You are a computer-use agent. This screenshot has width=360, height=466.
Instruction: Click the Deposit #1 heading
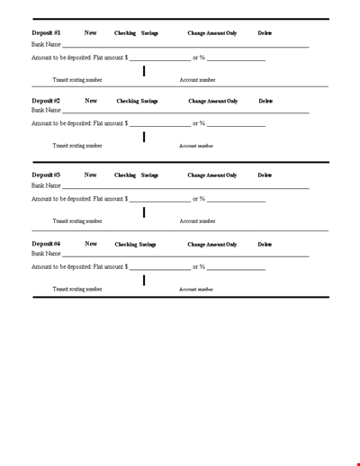(x=46, y=33)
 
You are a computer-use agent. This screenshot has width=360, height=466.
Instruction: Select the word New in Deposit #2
(x=91, y=102)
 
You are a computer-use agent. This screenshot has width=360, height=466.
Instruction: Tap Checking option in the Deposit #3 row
(x=125, y=175)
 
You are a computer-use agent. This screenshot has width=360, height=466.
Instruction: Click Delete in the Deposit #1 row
(x=265, y=33)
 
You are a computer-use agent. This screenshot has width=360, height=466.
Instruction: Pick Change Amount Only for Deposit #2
(x=212, y=102)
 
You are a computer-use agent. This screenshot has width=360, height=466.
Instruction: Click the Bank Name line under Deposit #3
(x=185, y=187)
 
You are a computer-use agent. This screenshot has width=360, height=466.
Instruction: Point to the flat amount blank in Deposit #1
(x=160, y=59)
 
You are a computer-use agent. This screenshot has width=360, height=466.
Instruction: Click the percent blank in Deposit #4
(x=237, y=269)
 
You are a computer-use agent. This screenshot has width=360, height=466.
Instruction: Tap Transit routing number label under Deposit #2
(x=77, y=146)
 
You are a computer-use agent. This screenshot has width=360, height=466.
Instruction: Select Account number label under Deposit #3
(x=197, y=221)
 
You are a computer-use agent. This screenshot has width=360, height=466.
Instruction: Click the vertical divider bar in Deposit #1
(x=144, y=70)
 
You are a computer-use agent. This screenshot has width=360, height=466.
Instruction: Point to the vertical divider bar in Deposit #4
(x=144, y=281)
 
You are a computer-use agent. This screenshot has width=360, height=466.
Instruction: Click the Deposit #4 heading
(x=46, y=244)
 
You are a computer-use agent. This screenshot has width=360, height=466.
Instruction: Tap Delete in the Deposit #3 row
(x=265, y=175)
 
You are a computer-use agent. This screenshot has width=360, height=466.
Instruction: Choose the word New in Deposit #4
(x=91, y=244)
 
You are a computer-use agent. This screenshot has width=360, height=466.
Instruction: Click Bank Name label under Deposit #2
(x=46, y=112)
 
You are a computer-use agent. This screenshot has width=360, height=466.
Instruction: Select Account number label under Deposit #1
(x=197, y=80)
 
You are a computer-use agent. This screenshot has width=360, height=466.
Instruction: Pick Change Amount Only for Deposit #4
(x=212, y=245)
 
